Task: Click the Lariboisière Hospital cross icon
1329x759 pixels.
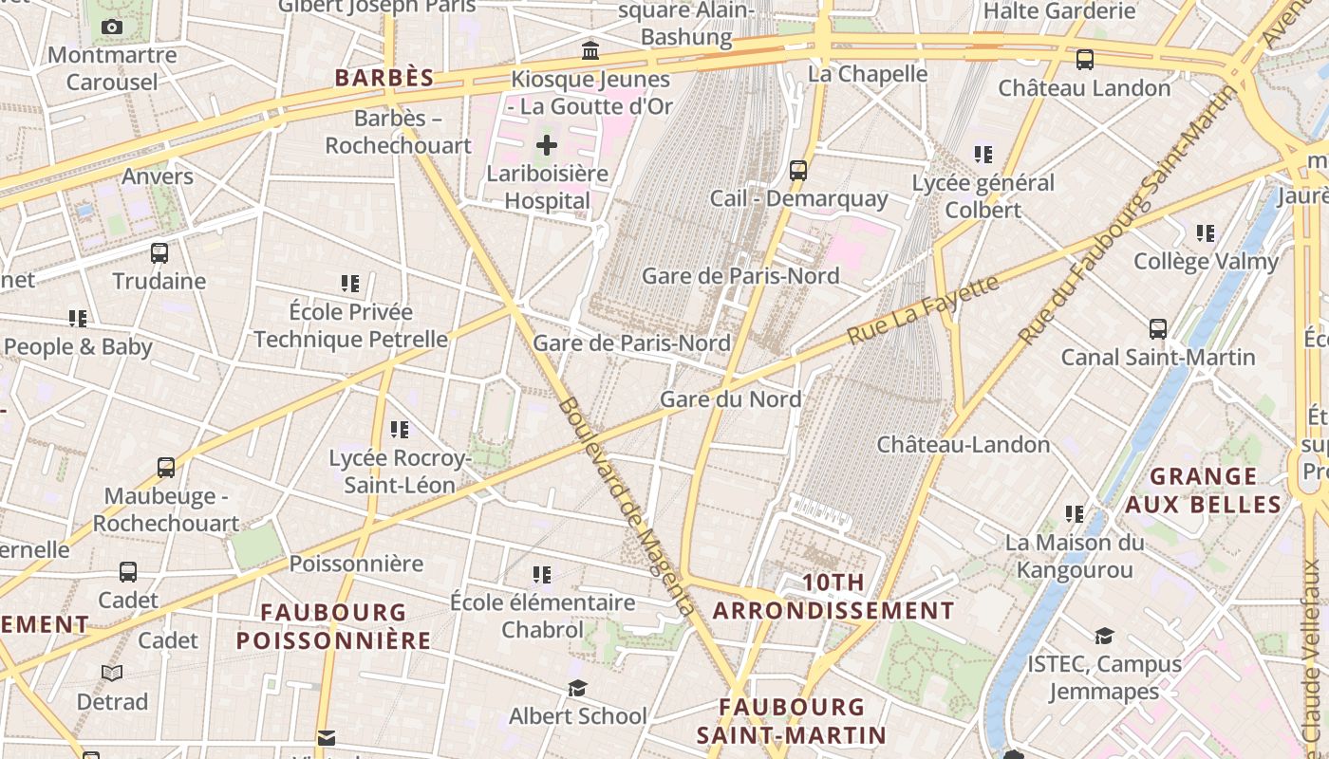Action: [x=547, y=145]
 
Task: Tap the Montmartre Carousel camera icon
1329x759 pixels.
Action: [x=112, y=28]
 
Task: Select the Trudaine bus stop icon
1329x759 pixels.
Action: [x=159, y=253]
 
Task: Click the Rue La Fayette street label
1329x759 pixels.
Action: [x=923, y=309]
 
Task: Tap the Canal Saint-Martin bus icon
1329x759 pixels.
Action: [x=1158, y=329]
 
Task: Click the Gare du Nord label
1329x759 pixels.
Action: [x=730, y=399]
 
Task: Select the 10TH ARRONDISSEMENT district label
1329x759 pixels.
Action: [x=833, y=597]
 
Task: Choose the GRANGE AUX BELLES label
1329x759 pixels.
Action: [x=1204, y=490]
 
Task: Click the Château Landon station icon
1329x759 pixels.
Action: [x=1084, y=60]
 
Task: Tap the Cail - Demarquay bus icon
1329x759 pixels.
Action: [x=798, y=171]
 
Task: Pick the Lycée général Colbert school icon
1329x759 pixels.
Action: [x=983, y=154]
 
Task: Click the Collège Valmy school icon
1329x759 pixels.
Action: [x=1206, y=232]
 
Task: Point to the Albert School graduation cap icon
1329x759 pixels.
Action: [x=577, y=688]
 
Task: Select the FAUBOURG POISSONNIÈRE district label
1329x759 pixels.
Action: [x=333, y=626]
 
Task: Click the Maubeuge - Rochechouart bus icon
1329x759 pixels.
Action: [x=166, y=468]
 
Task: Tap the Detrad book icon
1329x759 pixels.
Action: [x=112, y=674]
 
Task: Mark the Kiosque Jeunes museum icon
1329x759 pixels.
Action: [x=590, y=50]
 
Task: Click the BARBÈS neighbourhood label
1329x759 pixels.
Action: [x=384, y=78]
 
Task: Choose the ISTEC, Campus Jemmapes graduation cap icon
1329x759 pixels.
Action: [x=1104, y=636]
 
